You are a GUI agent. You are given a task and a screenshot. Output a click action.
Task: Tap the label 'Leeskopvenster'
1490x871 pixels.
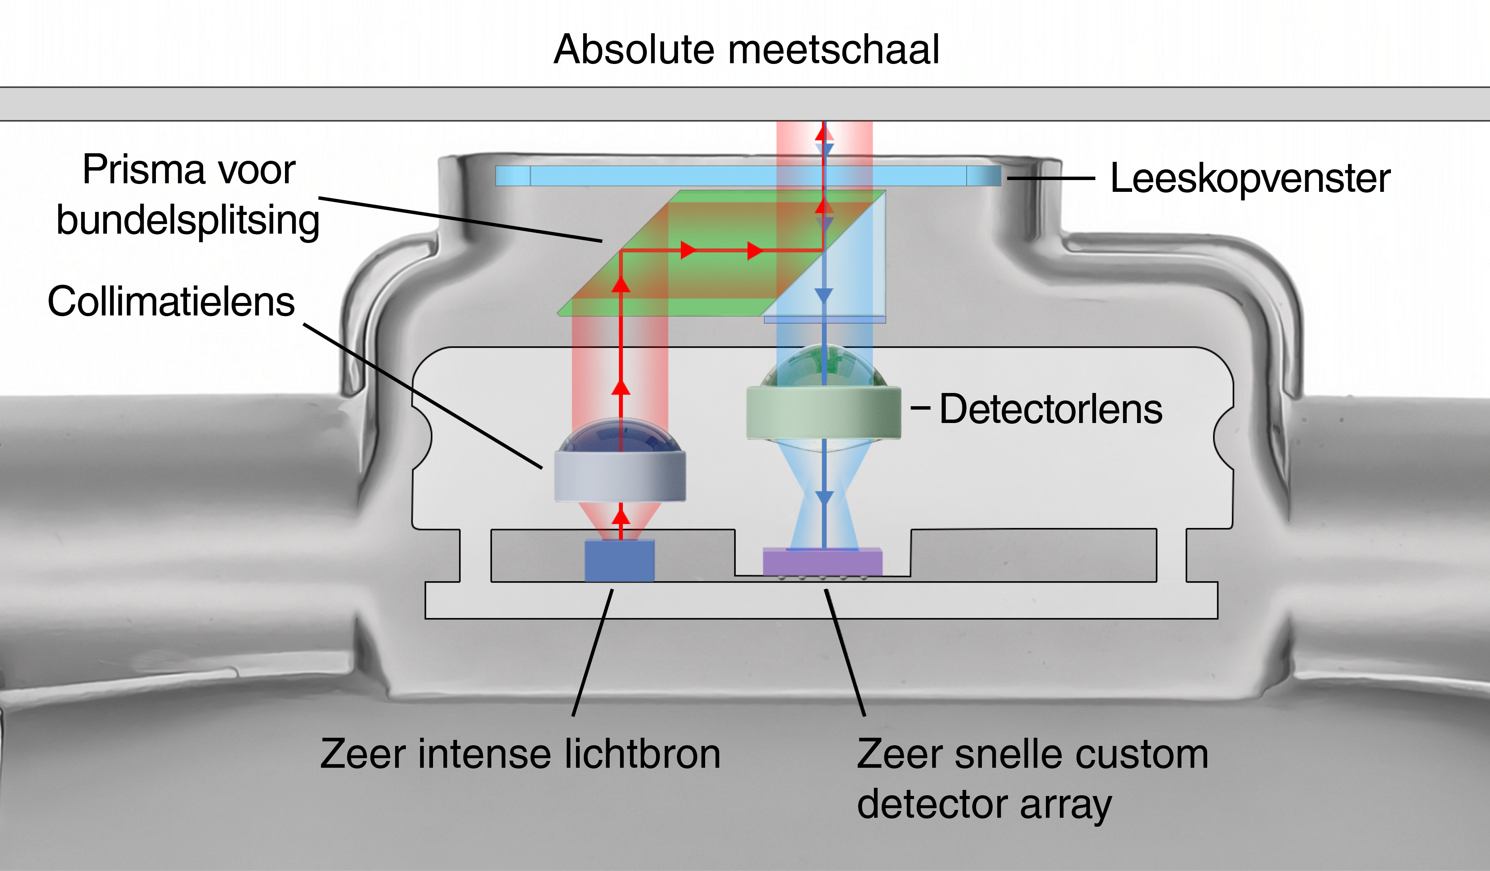1250,179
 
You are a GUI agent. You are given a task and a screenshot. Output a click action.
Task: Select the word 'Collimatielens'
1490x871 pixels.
171,302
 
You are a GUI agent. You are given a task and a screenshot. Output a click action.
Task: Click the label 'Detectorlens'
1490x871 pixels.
1051,409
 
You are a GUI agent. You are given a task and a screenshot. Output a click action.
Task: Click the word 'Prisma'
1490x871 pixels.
143,170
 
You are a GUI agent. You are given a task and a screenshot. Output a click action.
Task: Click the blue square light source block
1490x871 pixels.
619,560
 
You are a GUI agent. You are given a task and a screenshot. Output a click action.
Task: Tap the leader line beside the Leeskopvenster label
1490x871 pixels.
1051,178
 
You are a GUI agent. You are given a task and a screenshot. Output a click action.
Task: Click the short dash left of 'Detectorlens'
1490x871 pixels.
920,408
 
